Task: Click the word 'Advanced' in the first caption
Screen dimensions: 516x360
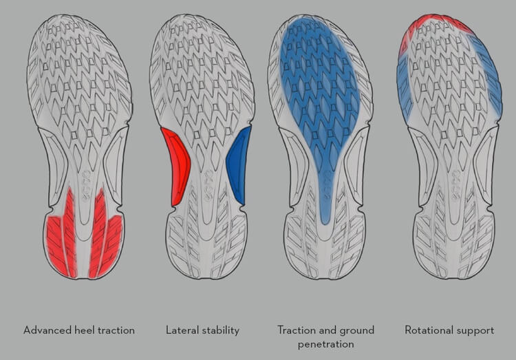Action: click(47, 330)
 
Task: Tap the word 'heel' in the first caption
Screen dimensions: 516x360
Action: click(85, 330)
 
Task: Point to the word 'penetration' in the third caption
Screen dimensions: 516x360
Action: click(326, 345)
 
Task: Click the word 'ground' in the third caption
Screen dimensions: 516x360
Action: click(356, 330)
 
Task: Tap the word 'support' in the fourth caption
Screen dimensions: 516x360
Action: click(474, 330)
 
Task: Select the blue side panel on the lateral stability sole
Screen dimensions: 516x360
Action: click(238, 165)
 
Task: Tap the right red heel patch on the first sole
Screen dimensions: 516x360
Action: click(105, 235)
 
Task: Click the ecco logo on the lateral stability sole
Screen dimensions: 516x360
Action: click(208, 186)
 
